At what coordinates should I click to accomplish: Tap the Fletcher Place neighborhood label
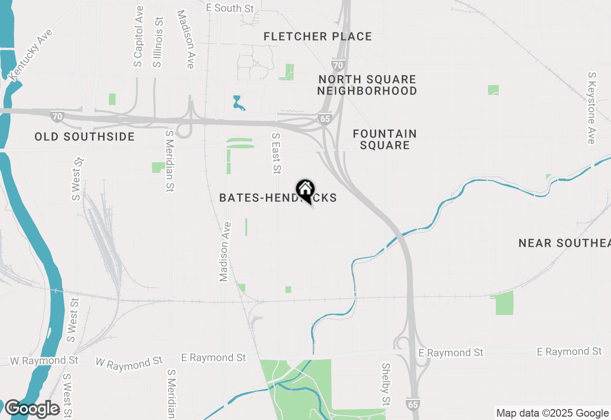(317, 36)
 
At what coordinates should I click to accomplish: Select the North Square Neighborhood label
(367, 85)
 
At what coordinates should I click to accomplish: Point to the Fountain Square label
(385, 139)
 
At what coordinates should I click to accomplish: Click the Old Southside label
(84, 137)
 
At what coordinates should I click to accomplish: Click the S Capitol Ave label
(138, 36)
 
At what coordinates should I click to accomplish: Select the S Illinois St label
(158, 42)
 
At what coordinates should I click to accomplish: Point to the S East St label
(276, 154)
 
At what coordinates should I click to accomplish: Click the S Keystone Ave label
(592, 108)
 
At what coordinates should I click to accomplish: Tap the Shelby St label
(386, 384)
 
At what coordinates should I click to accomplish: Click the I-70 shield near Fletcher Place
(338, 64)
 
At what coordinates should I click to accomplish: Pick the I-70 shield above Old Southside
(57, 116)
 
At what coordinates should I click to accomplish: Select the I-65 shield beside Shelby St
(413, 405)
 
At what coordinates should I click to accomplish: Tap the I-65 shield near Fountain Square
(326, 119)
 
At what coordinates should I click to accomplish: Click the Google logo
(32, 409)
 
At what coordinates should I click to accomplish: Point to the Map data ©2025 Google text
(552, 413)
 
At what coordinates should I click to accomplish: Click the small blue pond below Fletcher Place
(238, 103)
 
